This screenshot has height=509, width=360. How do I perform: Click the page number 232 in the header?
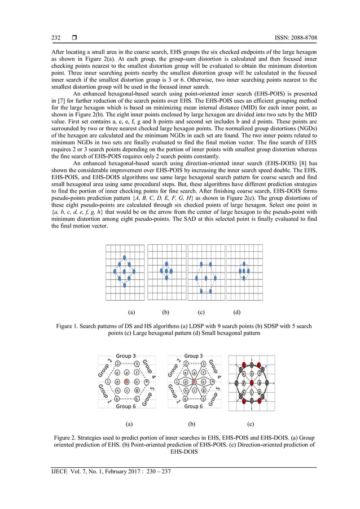[x=56, y=38]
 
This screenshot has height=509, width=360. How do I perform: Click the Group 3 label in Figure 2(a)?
[x=125, y=356]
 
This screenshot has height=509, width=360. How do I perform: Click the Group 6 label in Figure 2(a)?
[x=125, y=406]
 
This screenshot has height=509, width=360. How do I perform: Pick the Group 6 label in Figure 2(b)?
[x=193, y=406]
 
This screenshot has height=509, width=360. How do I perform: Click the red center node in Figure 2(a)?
[x=126, y=381]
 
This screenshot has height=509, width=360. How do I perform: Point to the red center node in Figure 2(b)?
[x=194, y=381]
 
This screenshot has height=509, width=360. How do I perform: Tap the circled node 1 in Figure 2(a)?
[x=107, y=381]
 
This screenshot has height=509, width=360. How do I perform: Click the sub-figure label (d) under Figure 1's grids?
[x=238, y=311]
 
